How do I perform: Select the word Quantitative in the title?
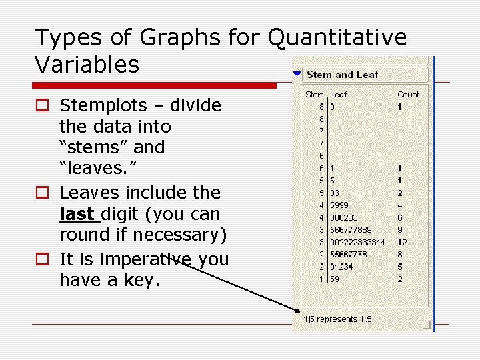[x=337, y=38]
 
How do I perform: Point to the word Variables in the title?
[x=87, y=65]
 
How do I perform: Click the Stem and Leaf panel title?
[x=342, y=75]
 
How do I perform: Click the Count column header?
[x=408, y=95]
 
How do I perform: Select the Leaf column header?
[x=338, y=95]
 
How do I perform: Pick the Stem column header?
[x=315, y=95]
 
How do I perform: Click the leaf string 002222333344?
[x=357, y=242]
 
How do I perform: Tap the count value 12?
[x=402, y=242]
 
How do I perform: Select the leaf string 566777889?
[x=352, y=230]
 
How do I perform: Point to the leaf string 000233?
[x=343, y=218]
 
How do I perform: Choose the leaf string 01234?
[x=341, y=267]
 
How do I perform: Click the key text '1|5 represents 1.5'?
[x=337, y=319]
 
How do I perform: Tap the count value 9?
[x=400, y=230]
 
